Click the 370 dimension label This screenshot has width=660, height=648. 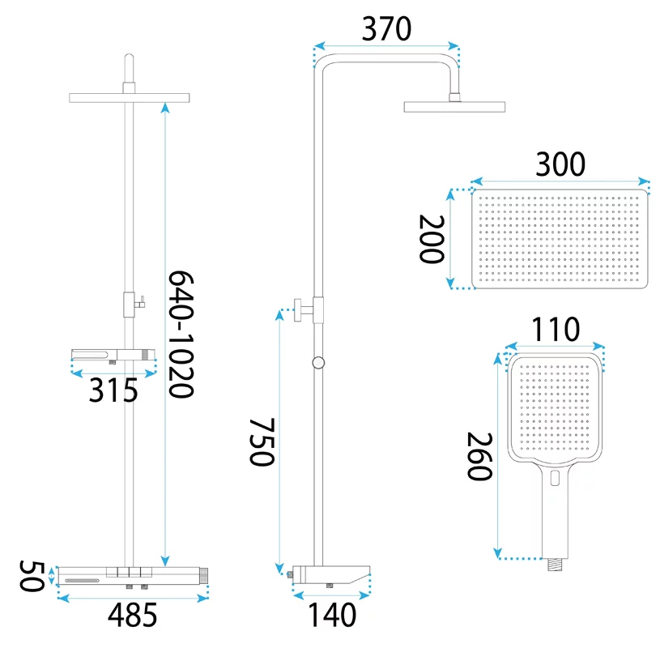386,29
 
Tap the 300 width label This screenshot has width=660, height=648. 560,164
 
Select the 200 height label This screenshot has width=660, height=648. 432,239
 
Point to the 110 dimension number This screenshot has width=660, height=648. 556,329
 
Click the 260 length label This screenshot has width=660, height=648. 480,456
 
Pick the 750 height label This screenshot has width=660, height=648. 262,442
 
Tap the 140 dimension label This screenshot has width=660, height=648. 332,615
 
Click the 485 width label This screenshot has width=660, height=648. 132,615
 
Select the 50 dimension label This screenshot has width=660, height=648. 32,576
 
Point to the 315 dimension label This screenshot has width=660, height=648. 113,390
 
